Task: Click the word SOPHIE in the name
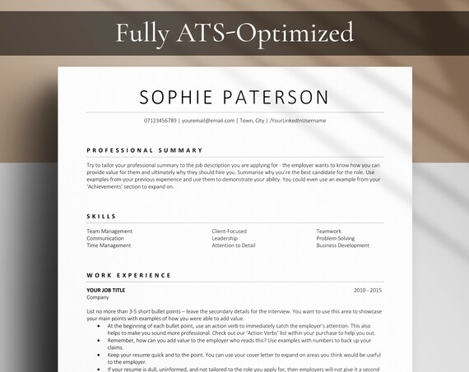(x=178, y=97)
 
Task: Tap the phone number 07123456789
(x=160, y=121)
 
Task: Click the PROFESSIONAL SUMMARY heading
(x=144, y=150)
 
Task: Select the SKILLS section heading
(x=101, y=217)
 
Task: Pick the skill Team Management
(x=109, y=232)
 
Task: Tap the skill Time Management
(x=109, y=246)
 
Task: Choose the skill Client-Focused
(x=230, y=232)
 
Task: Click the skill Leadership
(x=226, y=238)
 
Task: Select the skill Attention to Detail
(x=234, y=246)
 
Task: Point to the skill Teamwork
(x=328, y=232)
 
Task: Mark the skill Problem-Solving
(x=336, y=238)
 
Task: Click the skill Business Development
(x=343, y=246)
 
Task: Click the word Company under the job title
(x=97, y=297)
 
